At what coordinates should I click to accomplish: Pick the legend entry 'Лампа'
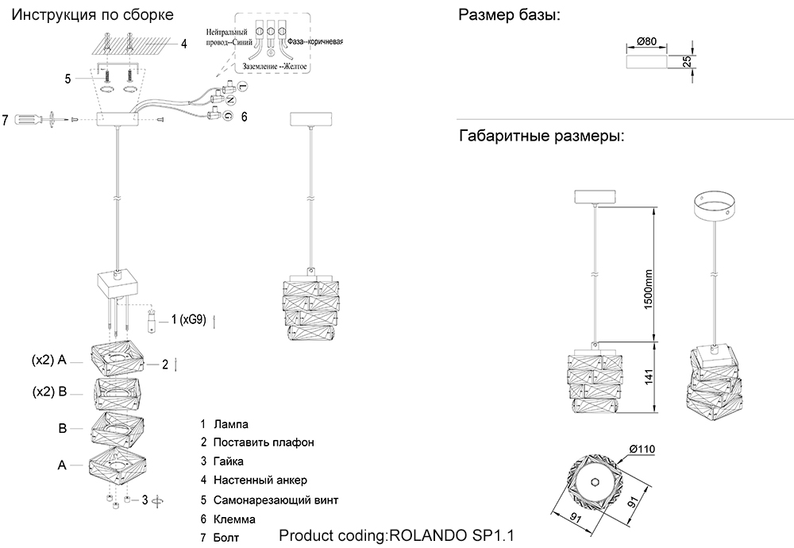[229, 425]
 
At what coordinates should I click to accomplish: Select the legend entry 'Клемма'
[234, 519]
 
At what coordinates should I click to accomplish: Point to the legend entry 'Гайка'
[229, 461]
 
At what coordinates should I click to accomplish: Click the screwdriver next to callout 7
[30, 120]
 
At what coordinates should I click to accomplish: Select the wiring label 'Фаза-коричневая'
[316, 41]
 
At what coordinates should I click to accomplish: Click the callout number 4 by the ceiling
[183, 44]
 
